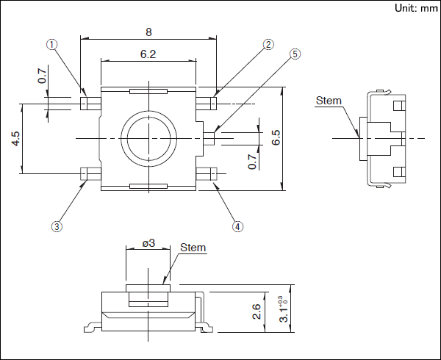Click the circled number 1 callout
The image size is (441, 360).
[51, 44]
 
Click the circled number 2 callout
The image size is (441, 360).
[268, 44]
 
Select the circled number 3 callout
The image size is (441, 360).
[57, 227]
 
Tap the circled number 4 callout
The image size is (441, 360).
[237, 227]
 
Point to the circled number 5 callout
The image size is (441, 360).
[295, 54]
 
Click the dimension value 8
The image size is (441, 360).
[148, 32]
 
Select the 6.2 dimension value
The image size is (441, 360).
[148, 54]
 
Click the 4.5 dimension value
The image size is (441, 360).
[15, 139]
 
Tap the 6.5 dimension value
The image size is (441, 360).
[276, 138]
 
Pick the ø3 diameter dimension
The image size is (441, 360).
[148, 242]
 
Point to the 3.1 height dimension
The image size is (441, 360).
[280, 312]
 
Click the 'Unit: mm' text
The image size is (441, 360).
[415, 8]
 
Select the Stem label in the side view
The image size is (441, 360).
[329, 101]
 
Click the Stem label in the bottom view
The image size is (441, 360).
[193, 248]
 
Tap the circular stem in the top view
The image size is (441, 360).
[148, 137]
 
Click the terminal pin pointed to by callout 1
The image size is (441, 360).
[85, 102]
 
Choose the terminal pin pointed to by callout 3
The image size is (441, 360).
[85, 173]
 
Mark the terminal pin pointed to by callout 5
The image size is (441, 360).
[209, 137]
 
